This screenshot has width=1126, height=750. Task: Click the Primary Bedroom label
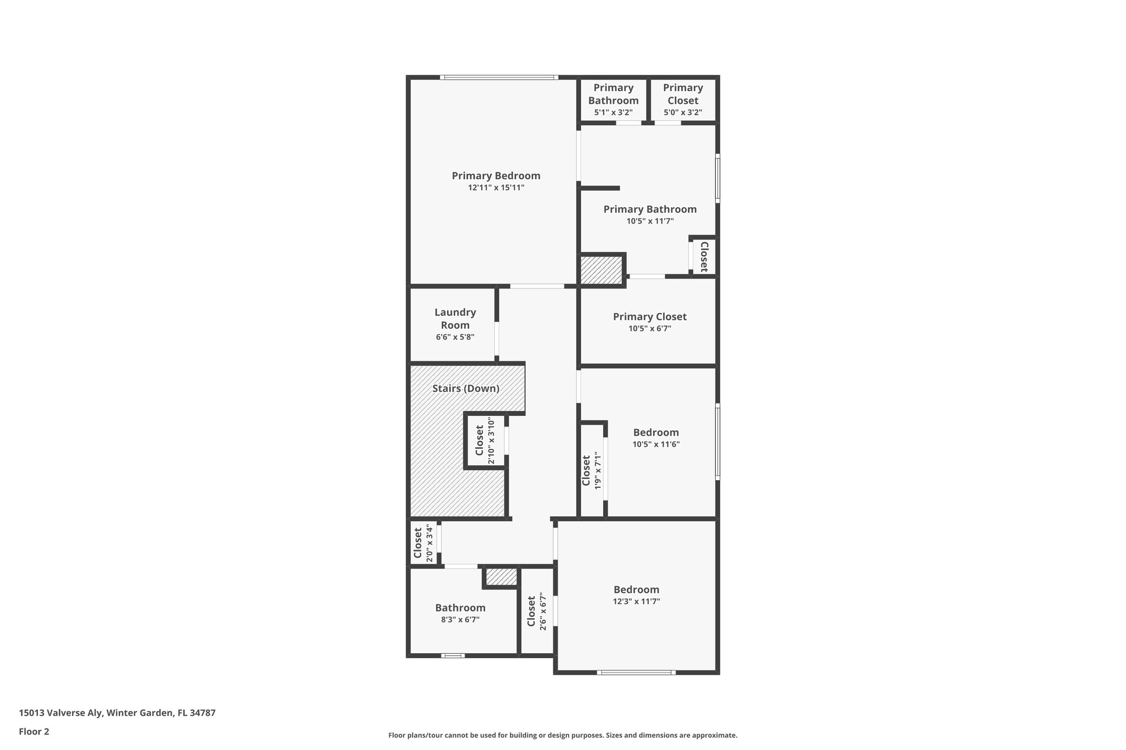coord(496,176)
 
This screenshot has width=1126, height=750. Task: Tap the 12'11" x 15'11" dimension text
coord(496,188)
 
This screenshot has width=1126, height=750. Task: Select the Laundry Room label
coord(455,319)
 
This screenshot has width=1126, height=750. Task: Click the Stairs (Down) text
coord(466,388)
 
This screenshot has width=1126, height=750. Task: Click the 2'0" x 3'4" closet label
coord(423,543)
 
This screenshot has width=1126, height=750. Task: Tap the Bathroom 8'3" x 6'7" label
coord(460,613)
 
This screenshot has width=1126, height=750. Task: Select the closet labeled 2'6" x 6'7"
coord(537,611)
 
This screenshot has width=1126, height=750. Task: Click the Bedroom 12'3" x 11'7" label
coord(636,595)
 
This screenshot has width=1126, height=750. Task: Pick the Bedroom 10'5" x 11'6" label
coord(656,438)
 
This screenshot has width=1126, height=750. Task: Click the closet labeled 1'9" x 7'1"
coord(592,470)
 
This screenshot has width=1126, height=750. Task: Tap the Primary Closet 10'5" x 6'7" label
coord(649,322)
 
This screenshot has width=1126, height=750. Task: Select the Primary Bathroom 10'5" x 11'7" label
coord(650,215)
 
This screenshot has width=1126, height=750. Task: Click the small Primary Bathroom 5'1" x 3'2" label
coord(613,99)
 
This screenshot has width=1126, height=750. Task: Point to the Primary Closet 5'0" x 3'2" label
coord(683,99)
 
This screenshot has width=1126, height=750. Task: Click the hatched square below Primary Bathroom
coord(601,270)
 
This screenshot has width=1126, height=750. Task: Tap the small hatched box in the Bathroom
coord(501,577)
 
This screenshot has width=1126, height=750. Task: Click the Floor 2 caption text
coord(34,731)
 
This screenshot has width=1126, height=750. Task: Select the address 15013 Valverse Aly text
coord(117,713)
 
